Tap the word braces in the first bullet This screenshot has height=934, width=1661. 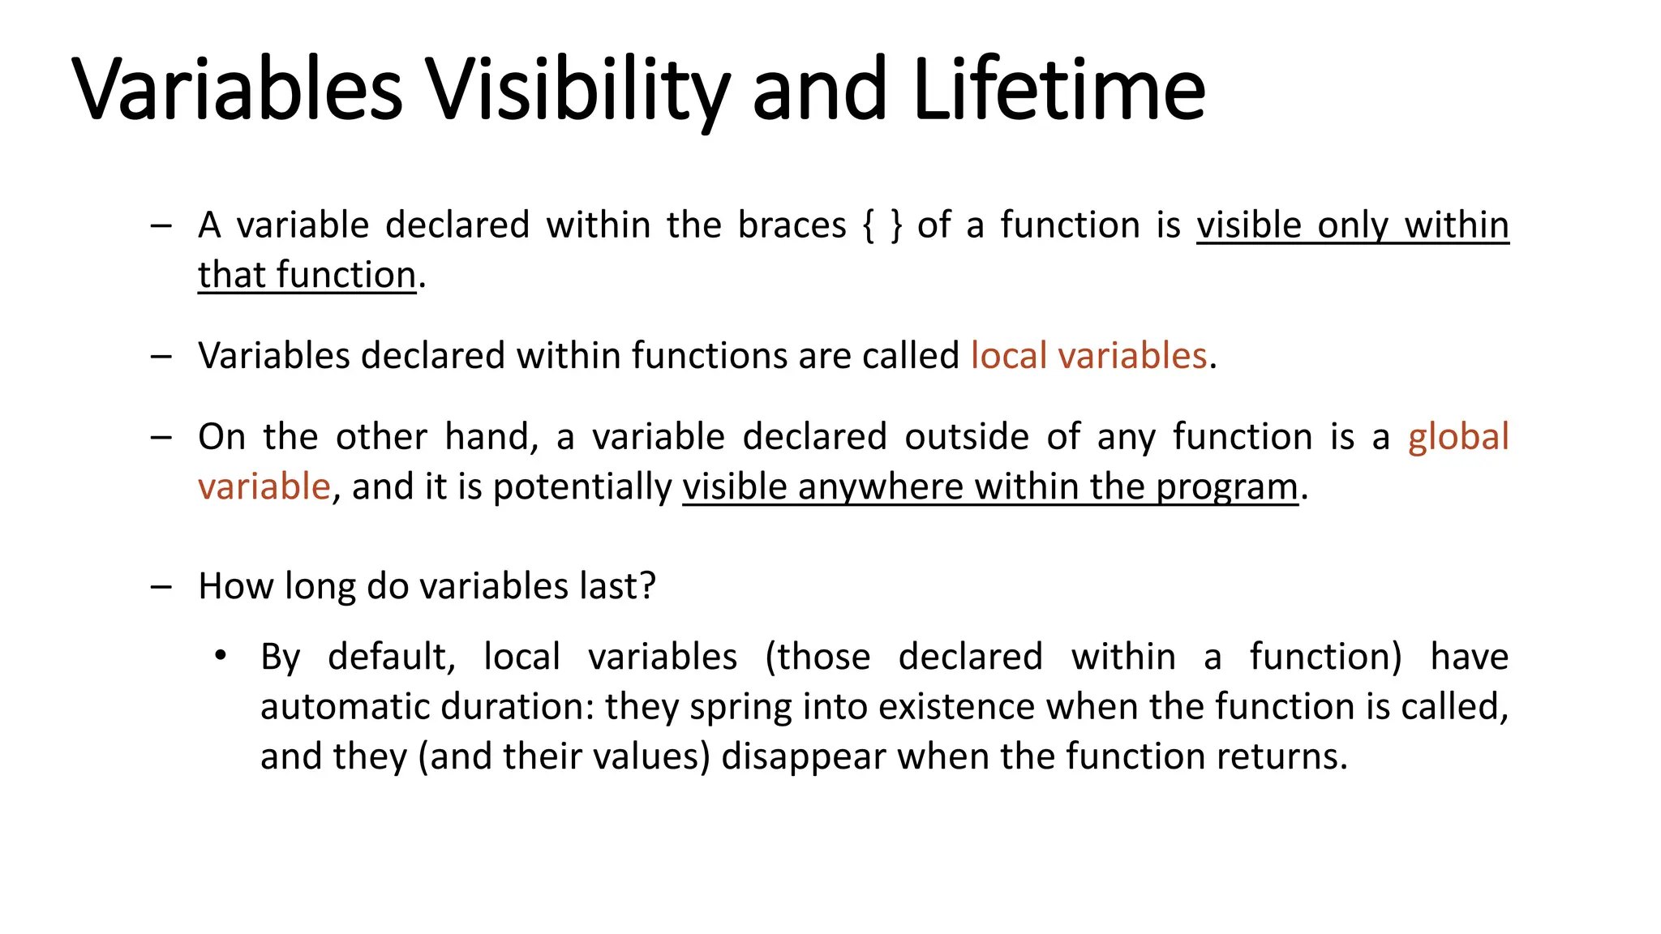(792, 225)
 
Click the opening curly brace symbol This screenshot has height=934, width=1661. (869, 225)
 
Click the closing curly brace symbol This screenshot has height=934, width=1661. (895, 225)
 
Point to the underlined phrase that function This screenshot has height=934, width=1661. (307, 275)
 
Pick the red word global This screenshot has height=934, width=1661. (1457, 437)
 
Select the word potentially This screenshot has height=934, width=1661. (582, 487)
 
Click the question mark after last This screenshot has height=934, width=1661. (647, 586)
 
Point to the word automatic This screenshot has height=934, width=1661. (345, 707)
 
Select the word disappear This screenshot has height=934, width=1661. (803, 756)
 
